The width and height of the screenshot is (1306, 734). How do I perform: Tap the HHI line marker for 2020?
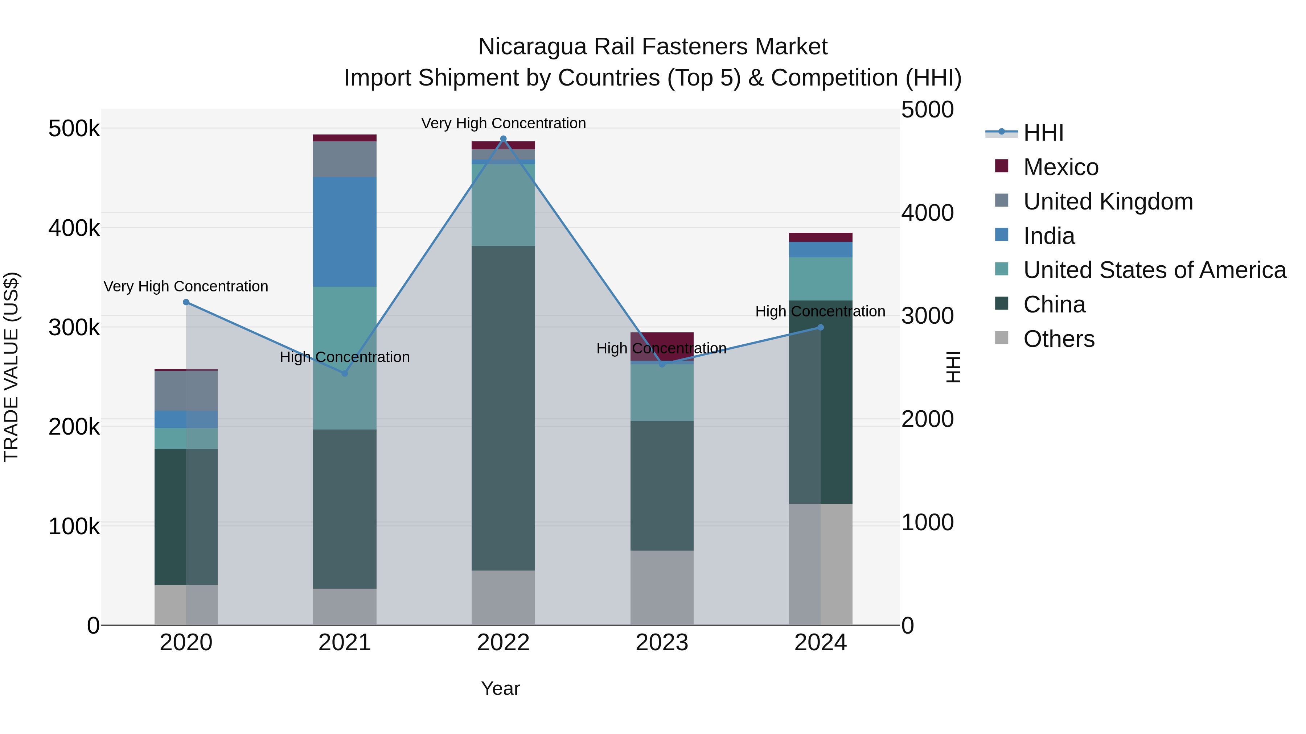(186, 302)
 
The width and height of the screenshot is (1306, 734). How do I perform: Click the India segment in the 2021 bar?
(344, 232)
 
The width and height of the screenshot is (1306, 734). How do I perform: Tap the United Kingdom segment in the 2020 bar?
(186, 390)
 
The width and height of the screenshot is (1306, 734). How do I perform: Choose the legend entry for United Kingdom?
(1108, 202)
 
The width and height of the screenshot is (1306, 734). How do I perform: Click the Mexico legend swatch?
(1001, 166)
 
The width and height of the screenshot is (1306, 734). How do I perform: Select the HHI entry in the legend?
(1043, 133)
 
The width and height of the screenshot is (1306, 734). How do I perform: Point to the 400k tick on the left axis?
(74, 228)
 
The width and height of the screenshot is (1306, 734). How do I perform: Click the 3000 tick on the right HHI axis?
(927, 316)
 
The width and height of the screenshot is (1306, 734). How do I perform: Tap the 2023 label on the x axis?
(662, 643)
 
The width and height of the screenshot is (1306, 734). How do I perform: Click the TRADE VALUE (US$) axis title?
(11, 367)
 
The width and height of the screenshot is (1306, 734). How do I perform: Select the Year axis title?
(500, 688)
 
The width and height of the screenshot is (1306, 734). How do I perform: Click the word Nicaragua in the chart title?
(532, 47)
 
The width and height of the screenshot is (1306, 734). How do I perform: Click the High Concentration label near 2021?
(344, 357)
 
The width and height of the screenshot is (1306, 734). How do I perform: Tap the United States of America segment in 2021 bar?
(344, 358)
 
